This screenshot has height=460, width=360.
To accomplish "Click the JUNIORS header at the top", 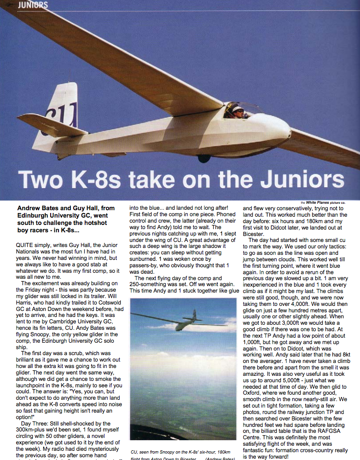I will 32,5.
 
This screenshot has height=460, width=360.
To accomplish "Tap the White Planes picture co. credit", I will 323,202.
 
